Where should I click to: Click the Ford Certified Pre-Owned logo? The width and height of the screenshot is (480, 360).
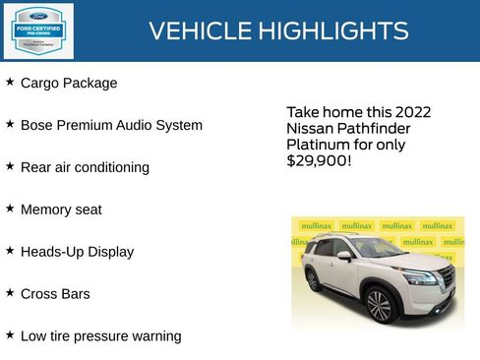37,30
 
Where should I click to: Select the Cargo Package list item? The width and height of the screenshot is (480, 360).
69,84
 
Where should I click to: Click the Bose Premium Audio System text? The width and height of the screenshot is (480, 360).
111,126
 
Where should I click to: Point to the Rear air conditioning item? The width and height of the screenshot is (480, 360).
85,168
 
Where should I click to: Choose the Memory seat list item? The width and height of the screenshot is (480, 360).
61,210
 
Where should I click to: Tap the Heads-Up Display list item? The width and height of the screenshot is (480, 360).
77,252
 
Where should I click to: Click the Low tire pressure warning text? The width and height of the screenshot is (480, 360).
100,336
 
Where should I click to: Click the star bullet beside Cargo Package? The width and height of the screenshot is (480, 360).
10,83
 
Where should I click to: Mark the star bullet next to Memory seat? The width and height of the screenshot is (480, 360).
10,209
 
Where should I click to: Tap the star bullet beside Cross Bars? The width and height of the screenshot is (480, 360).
10,292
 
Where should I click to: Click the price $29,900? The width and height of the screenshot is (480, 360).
318,160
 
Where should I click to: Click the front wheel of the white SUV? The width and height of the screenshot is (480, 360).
379,306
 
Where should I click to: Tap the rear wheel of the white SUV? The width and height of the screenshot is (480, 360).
312,279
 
